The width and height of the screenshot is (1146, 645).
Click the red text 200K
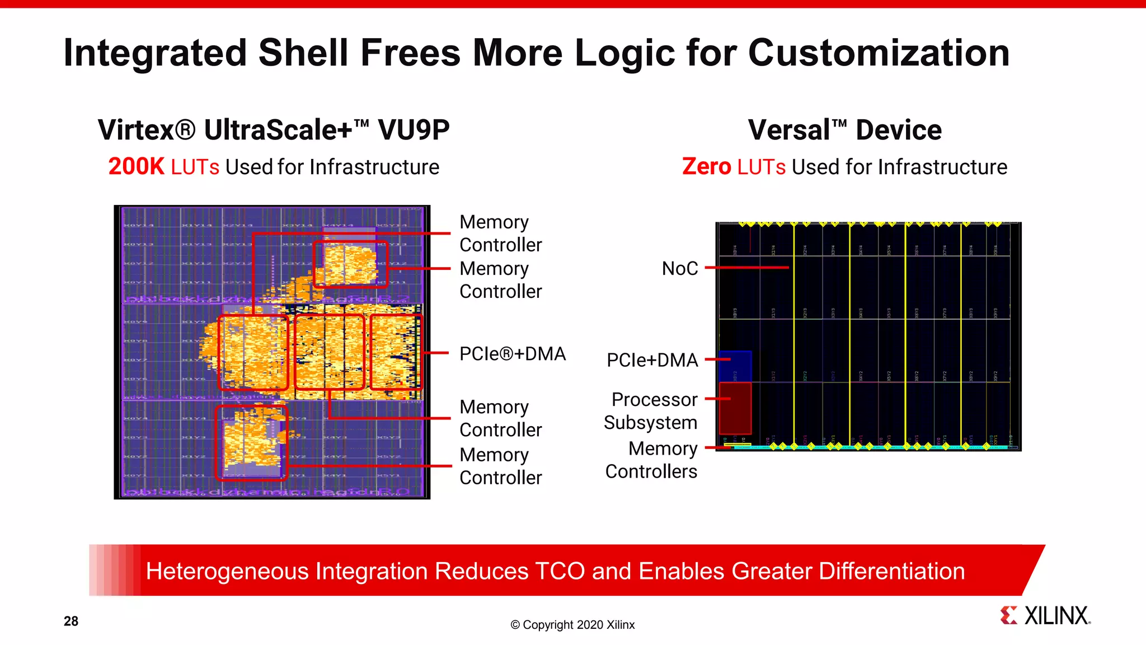(136, 167)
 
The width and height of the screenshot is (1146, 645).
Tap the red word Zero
(706, 167)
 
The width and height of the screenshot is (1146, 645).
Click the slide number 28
(71, 621)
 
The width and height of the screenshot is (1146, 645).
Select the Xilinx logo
(1045, 615)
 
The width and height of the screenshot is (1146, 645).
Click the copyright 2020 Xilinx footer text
(572, 625)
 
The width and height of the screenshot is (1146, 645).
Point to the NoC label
(679, 268)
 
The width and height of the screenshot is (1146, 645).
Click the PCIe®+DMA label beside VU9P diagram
(512, 354)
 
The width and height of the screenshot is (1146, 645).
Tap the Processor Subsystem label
(651, 411)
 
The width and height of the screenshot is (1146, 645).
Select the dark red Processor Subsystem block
(735, 408)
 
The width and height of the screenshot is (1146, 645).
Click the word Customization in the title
(878, 53)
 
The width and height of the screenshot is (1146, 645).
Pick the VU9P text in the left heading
(414, 130)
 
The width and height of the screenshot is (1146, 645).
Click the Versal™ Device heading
(844, 130)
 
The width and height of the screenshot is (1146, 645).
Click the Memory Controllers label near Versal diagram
(651, 460)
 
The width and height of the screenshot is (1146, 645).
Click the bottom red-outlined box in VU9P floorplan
(251, 443)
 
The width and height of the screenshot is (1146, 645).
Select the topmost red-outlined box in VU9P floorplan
(350, 264)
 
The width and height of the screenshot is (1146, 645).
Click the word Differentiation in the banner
(892, 571)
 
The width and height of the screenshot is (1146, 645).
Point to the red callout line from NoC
(747, 268)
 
